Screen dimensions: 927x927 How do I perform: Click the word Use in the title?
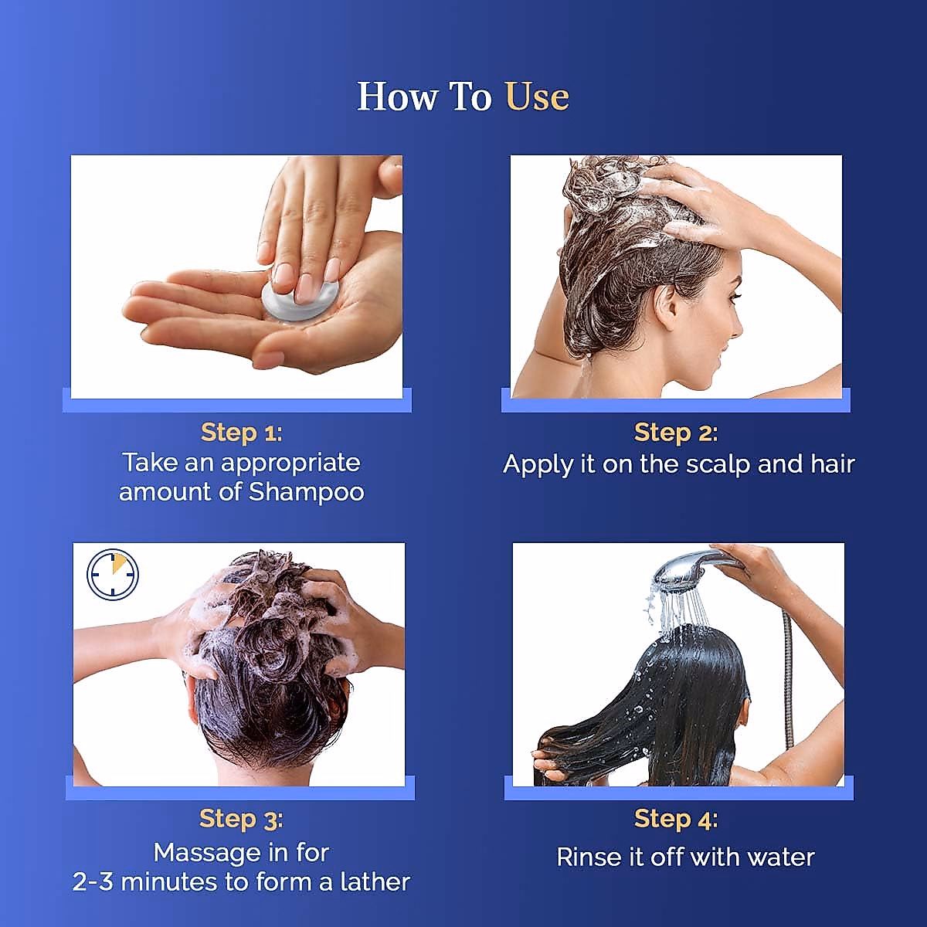click(x=537, y=97)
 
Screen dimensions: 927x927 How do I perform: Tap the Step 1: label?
click(x=242, y=432)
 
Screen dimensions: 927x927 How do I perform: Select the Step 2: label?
click(x=676, y=433)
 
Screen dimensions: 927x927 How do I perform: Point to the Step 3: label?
click(x=241, y=818)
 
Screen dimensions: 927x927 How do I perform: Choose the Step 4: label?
click(x=676, y=818)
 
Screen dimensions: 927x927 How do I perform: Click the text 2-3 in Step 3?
click(x=93, y=881)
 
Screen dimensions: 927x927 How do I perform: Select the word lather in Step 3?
click(x=375, y=881)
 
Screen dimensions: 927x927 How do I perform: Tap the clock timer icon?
click(x=113, y=575)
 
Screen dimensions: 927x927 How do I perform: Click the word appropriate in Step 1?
click(x=290, y=463)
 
